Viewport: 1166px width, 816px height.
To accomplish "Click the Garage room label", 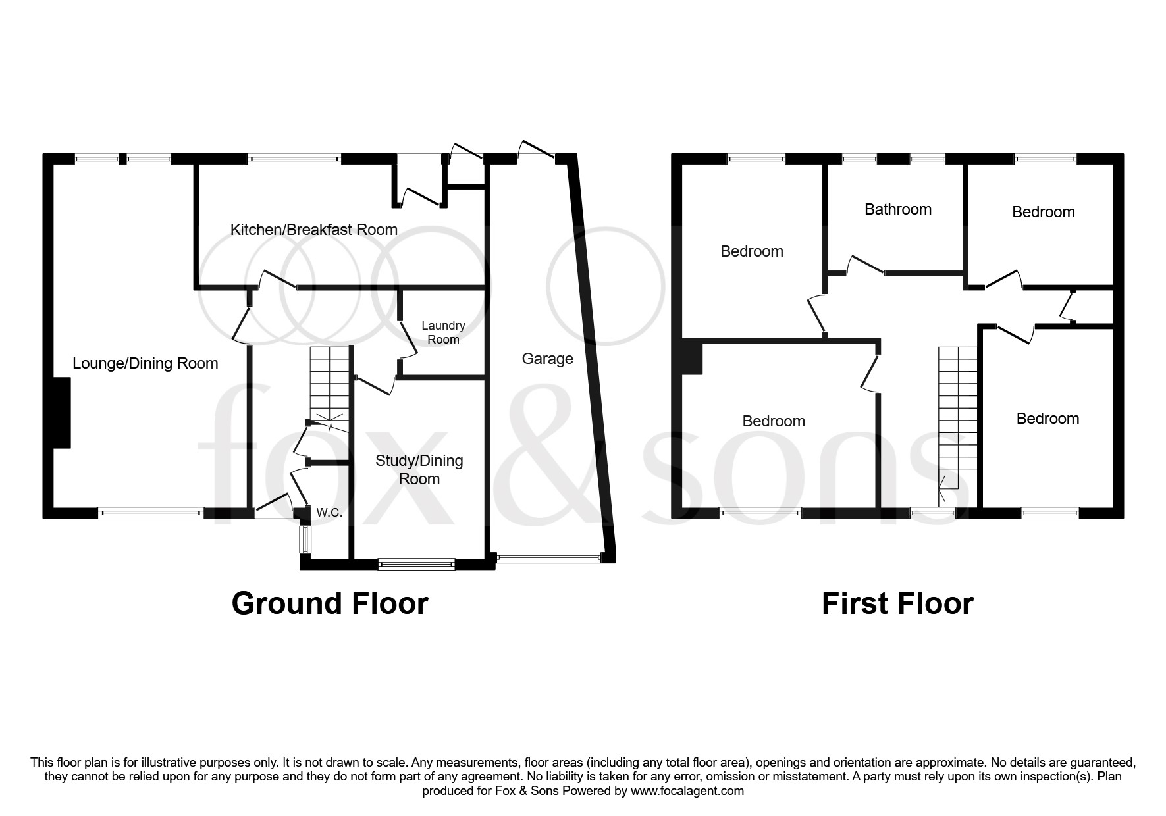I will click(x=547, y=359).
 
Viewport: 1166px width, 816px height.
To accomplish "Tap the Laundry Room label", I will click(x=443, y=332).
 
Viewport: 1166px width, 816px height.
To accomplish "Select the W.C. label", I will click(x=329, y=513).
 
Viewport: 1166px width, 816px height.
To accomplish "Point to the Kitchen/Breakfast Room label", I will click(x=314, y=230).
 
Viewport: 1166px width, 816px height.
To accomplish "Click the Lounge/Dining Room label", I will click(x=145, y=363).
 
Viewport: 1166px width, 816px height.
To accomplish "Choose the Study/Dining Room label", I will click(x=419, y=470).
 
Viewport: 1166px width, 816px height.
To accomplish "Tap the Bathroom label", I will click(x=897, y=209).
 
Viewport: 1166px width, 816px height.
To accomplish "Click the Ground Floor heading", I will click(x=330, y=603).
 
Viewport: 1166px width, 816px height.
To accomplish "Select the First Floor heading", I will click(x=897, y=603).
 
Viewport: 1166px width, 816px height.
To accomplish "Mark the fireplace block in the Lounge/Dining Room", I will click(x=61, y=413).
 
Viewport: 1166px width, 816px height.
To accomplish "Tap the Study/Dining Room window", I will click(x=416, y=563).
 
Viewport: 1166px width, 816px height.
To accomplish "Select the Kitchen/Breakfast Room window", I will click(x=294, y=159).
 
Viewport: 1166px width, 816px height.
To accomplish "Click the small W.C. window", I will click(x=304, y=539).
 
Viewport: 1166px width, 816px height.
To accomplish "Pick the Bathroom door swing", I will click(x=863, y=265).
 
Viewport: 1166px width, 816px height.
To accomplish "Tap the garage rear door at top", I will click(x=536, y=150).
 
